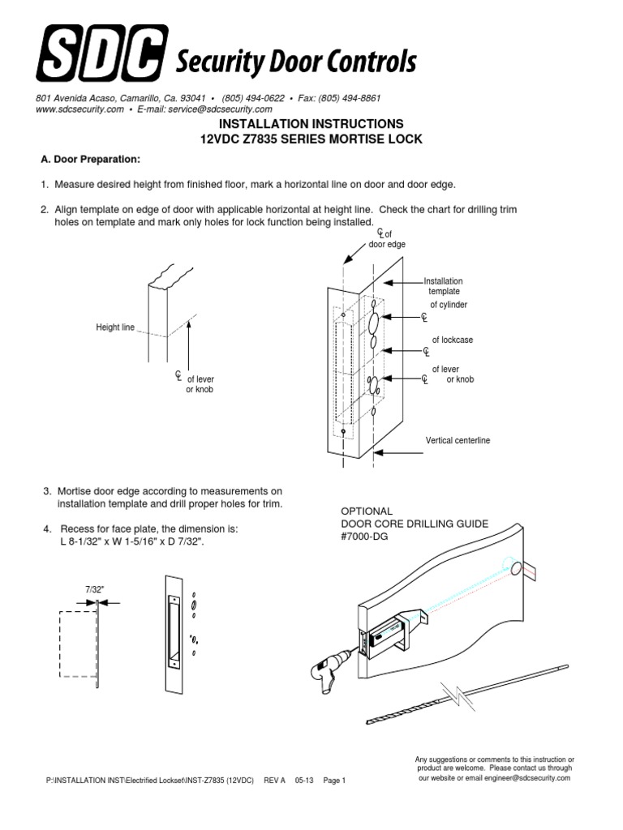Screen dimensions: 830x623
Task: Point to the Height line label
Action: pos(115,327)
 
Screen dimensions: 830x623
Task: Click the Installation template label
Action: pos(444,285)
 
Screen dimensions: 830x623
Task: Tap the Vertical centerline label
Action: pos(458,441)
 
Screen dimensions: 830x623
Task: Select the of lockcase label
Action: pos(452,340)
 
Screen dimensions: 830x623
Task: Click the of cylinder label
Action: pos(449,305)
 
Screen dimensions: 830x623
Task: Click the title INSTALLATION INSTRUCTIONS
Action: pos(311,124)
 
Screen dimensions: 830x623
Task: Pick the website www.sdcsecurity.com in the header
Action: pos(79,109)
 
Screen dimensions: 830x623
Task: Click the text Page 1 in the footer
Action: pos(334,781)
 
